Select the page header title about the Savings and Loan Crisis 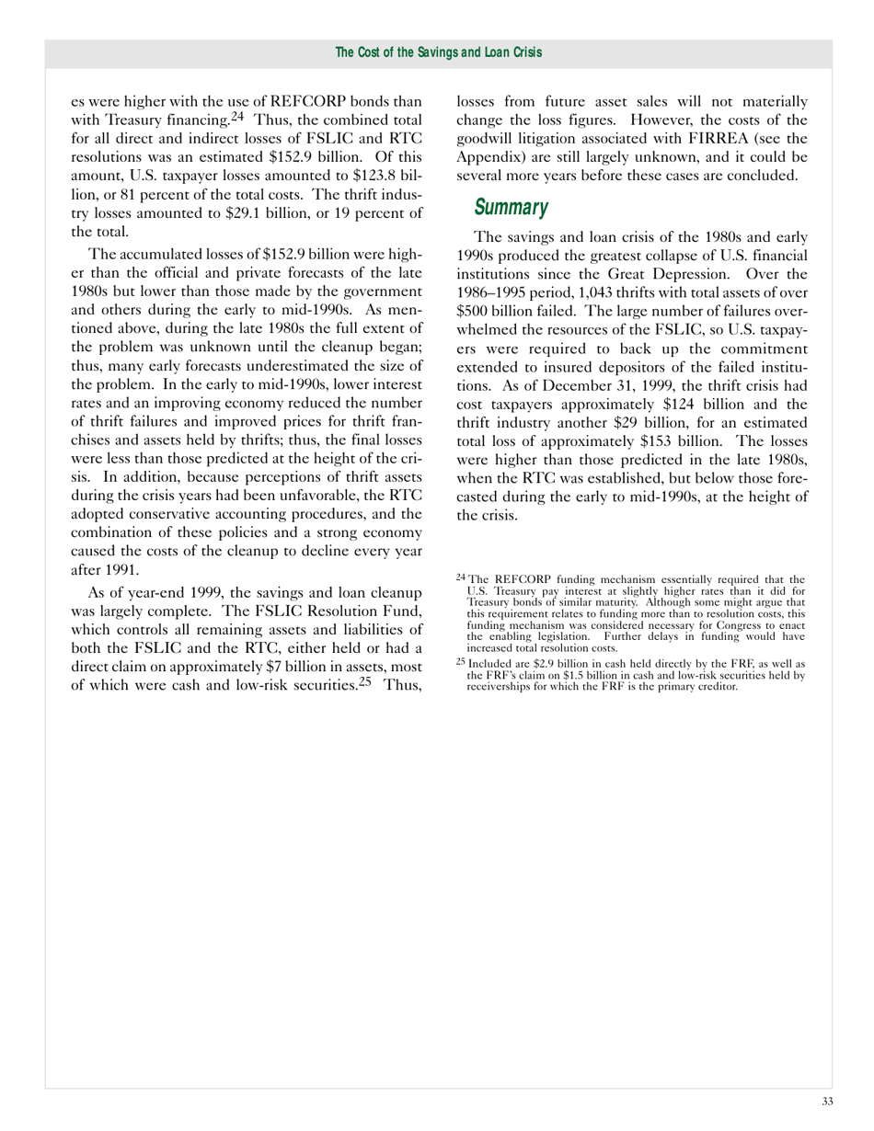click(438, 52)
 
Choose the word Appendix click(492, 157)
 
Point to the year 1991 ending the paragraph click(115, 567)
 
